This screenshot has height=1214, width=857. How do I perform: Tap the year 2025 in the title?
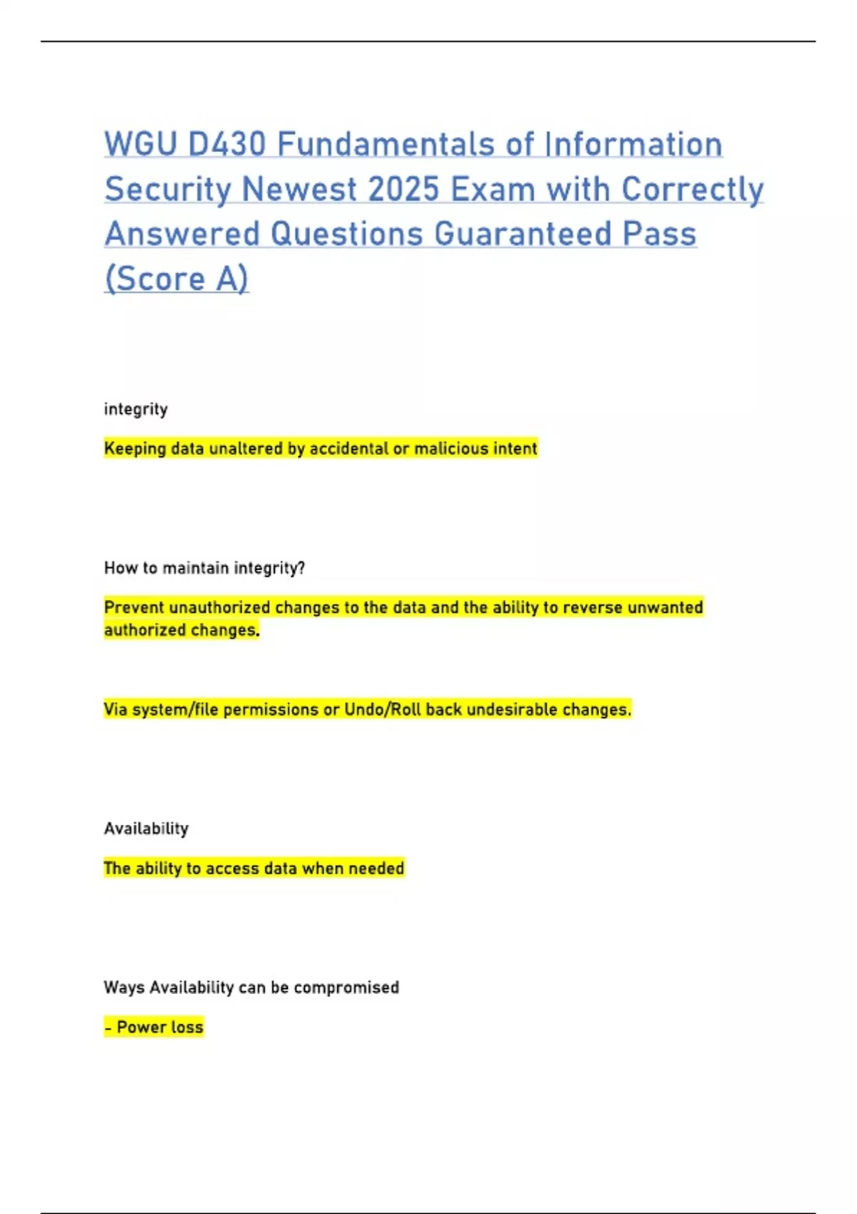pos(404,189)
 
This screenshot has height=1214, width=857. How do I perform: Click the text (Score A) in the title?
pos(176,279)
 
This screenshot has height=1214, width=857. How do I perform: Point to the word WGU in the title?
pos(141,144)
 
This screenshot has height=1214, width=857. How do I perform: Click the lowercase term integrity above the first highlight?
pos(136,409)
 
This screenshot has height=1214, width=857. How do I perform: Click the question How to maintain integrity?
pos(204,568)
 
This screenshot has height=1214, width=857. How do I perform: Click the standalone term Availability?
pos(146,828)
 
